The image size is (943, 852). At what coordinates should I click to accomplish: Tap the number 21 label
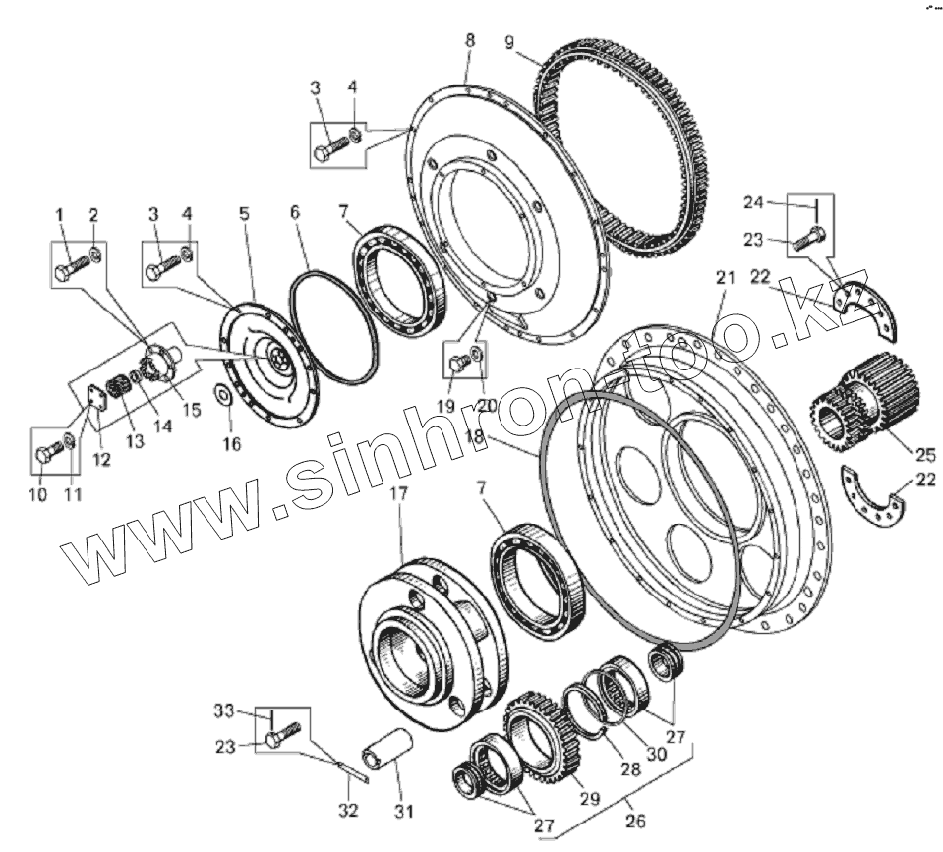coord(725,280)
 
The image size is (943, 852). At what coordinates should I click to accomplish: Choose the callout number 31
coord(404,811)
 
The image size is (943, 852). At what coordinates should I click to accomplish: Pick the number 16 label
coord(231,443)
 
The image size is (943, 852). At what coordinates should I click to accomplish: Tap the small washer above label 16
coord(223,396)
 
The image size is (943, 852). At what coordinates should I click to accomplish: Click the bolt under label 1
coord(69,269)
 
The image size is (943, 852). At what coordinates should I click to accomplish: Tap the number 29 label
coord(587,799)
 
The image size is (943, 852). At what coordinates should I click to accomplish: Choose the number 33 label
coord(223,711)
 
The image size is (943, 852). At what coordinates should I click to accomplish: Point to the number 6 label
coord(292,211)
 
